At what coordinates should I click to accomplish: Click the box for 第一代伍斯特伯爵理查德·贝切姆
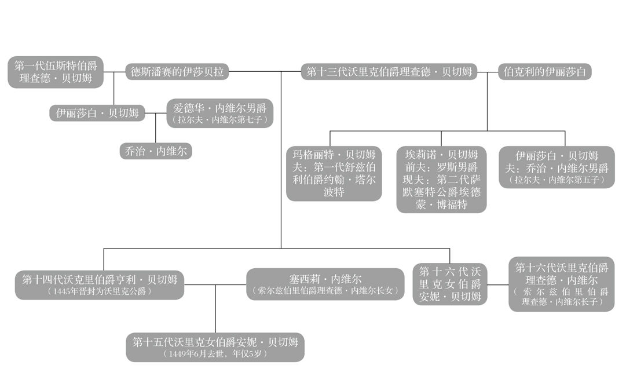[x=56, y=72]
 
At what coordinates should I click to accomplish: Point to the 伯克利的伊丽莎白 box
[x=545, y=72]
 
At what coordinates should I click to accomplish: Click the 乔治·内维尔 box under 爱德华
[x=155, y=151]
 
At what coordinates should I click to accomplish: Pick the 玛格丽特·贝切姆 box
[x=334, y=173]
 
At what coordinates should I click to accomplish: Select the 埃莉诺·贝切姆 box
[x=441, y=179]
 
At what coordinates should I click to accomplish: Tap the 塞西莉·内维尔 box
[x=325, y=279]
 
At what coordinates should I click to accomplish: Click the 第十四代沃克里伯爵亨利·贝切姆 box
[x=100, y=279]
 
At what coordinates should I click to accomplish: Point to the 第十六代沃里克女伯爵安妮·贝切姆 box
[x=450, y=284]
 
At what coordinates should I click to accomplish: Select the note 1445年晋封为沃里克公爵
[x=100, y=291]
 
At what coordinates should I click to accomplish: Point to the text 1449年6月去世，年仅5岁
[x=215, y=353]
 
